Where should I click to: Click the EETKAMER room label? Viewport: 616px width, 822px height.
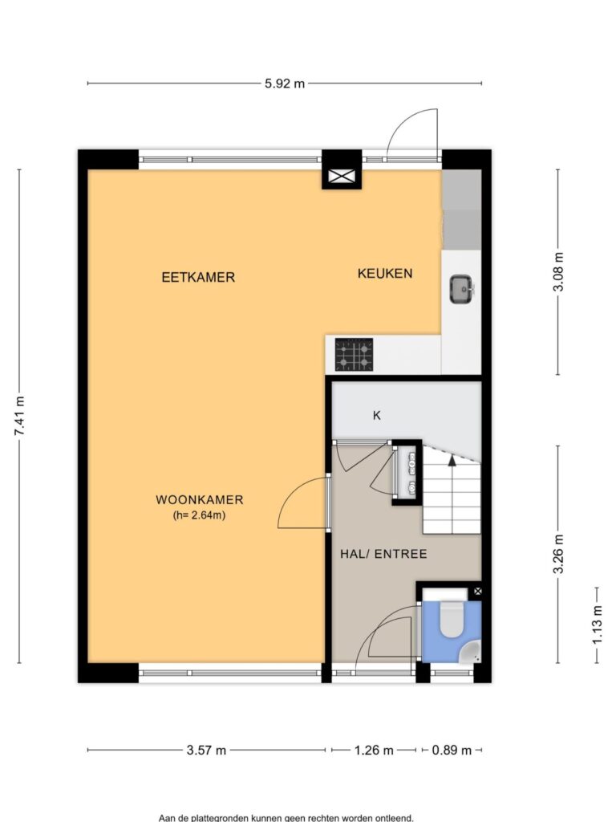pyautogui.click(x=198, y=277)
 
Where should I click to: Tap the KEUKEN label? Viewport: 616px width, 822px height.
pyautogui.click(x=385, y=273)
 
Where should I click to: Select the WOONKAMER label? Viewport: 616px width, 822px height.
pyautogui.click(x=200, y=499)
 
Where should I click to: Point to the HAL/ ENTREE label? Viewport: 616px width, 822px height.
pyautogui.click(x=383, y=554)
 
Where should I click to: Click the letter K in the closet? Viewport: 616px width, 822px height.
pyautogui.click(x=377, y=416)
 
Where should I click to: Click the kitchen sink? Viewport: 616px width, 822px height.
pyautogui.click(x=462, y=289)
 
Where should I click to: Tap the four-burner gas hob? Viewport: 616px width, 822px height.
pyautogui.click(x=354, y=354)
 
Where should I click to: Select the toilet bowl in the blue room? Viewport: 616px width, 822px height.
pyautogui.click(x=452, y=620)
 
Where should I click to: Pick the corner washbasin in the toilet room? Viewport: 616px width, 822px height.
pyautogui.click(x=470, y=651)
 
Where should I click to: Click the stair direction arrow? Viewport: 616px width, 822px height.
pyautogui.click(x=452, y=460)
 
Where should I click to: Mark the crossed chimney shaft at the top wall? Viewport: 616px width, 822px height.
pyautogui.click(x=342, y=177)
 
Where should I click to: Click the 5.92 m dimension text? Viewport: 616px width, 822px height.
pyautogui.click(x=285, y=83)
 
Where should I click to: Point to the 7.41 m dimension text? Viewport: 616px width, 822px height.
pyautogui.click(x=20, y=416)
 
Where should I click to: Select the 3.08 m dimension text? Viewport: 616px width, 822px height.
pyautogui.click(x=559, y=272)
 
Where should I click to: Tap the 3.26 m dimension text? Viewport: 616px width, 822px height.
pyautogui.click(x=559, y=554)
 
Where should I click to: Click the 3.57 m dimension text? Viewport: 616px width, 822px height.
pyautogui.click(x=206, y=751)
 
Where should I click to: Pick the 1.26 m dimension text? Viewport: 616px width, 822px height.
pyautogui.click(x=374, y=751)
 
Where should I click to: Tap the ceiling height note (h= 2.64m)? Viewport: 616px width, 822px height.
pyautogui.click(x=199, y=515)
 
